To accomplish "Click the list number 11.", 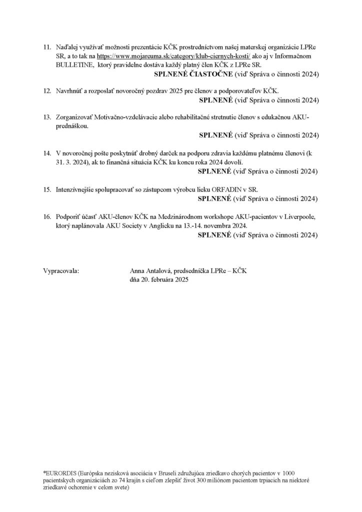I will tap(47, 46).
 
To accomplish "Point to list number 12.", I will tap(47, 90).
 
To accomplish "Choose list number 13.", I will tap(47, 117).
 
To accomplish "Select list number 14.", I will tap(47, 152).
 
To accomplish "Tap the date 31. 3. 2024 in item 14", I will tap(73, 162).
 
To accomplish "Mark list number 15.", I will tap(47, 189).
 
